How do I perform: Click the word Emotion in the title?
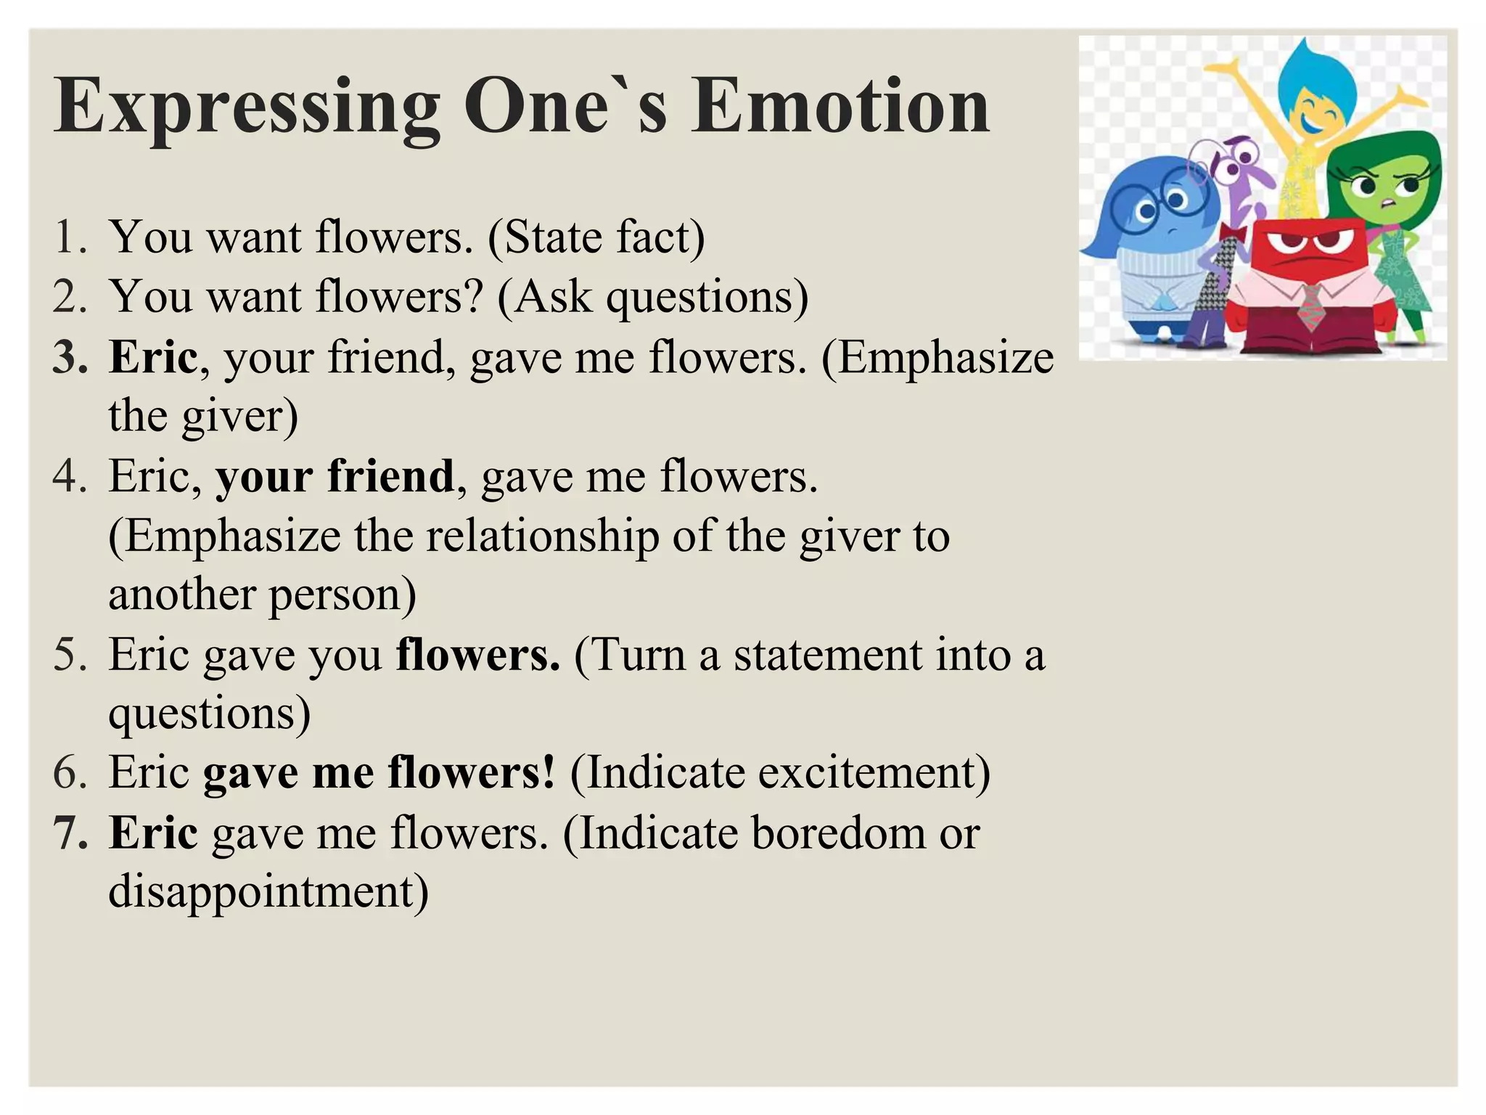coord(840,107)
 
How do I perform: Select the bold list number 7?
coord(70,833)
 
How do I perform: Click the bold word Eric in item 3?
coord(153,357)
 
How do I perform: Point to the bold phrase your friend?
coord(334,476)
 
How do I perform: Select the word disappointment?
coord(268,891)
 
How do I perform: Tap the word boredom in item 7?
coord(838,833)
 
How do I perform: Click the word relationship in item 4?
coord(543,536)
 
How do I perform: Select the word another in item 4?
coord(181,595)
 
